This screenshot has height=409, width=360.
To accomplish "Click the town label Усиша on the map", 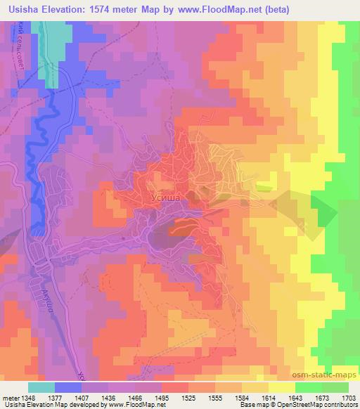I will tap(167, 199).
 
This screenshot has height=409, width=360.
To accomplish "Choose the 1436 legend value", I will tap(113, 398).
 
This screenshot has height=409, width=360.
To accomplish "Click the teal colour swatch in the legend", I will tap(41, 387).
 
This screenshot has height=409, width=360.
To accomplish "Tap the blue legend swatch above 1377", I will tap(67, 387).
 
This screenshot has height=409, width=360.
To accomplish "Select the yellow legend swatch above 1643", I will tap(282, 387).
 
